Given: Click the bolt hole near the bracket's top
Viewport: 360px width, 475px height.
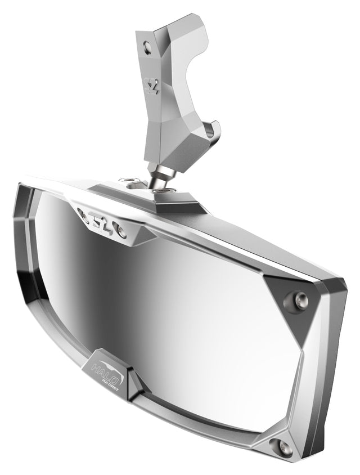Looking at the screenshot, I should tap(147, 47).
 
